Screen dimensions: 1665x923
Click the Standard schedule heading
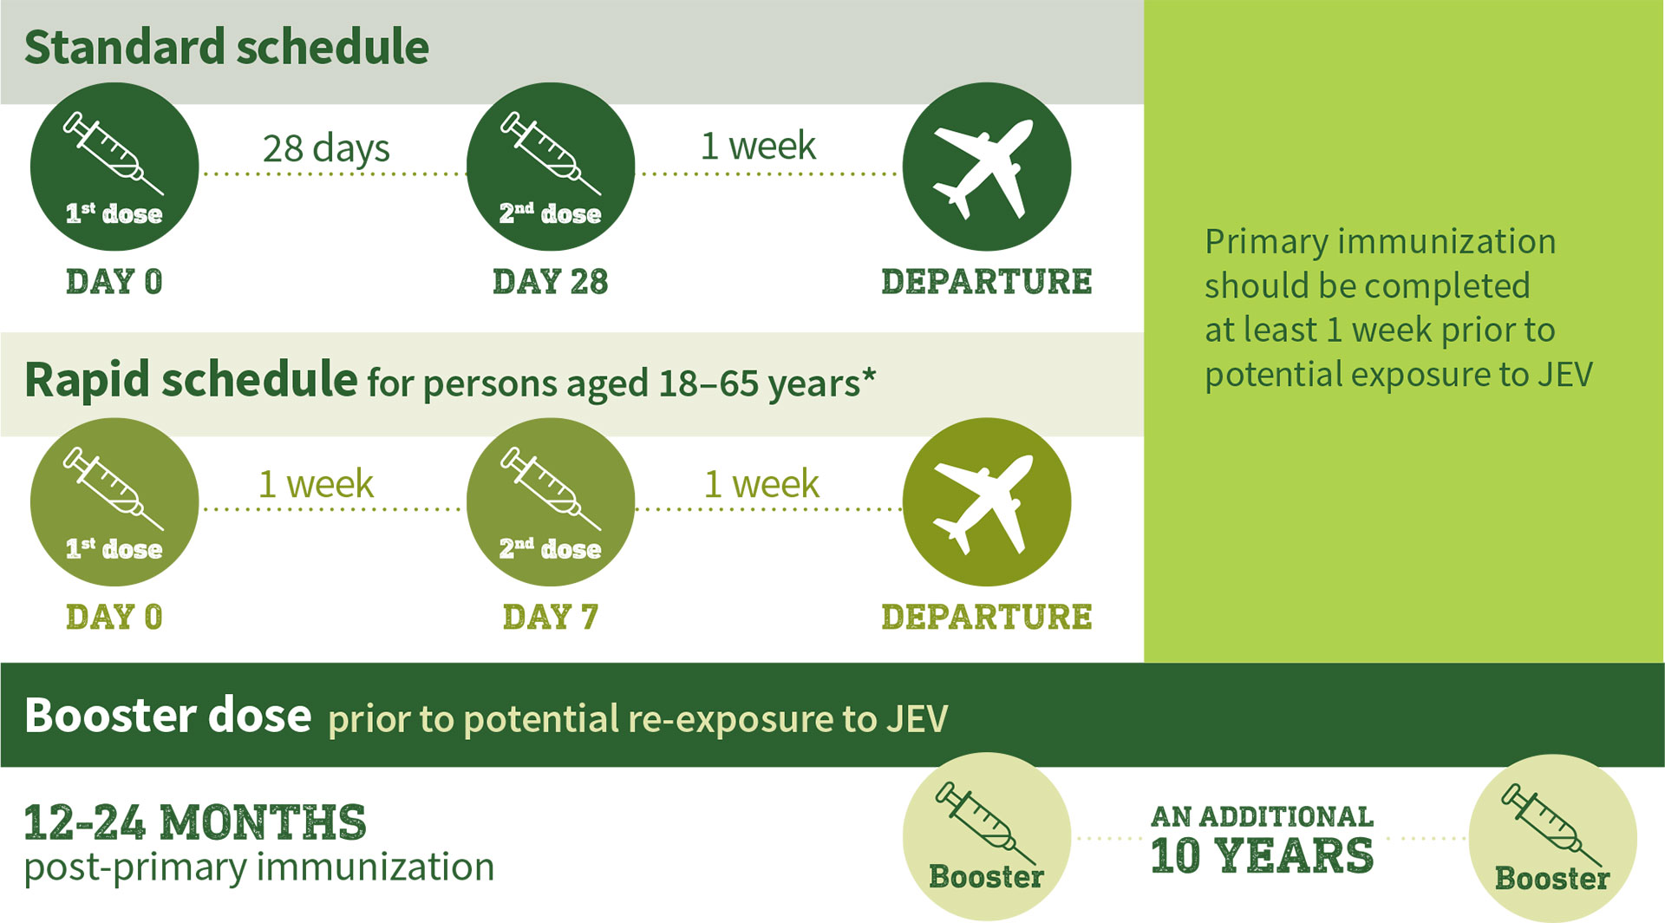click(226, 47)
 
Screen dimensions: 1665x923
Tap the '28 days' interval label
click(326, 148)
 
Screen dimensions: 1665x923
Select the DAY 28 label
click(551, 282)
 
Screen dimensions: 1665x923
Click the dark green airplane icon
click(983, 168)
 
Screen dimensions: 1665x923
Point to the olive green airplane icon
click(983, 504)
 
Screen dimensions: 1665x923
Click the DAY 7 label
click(551, 617)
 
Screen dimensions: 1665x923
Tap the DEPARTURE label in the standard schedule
click(987, 282)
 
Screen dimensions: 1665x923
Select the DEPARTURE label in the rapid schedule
click(987, 617)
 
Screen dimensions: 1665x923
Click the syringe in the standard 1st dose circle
click(113, 153)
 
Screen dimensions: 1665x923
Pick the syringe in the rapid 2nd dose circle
click(550, 488)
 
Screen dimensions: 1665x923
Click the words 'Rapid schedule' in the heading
click(191, 380)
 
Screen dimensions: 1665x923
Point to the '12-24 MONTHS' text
click(195, 822)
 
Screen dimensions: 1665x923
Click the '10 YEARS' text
click(1262, 855)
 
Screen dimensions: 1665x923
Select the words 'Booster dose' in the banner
click(167, 716)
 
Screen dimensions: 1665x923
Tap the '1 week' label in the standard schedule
click(758, 146)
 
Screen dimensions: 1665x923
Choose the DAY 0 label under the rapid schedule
click(114, 617)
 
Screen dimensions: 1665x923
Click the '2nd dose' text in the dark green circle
click(550, 213)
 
